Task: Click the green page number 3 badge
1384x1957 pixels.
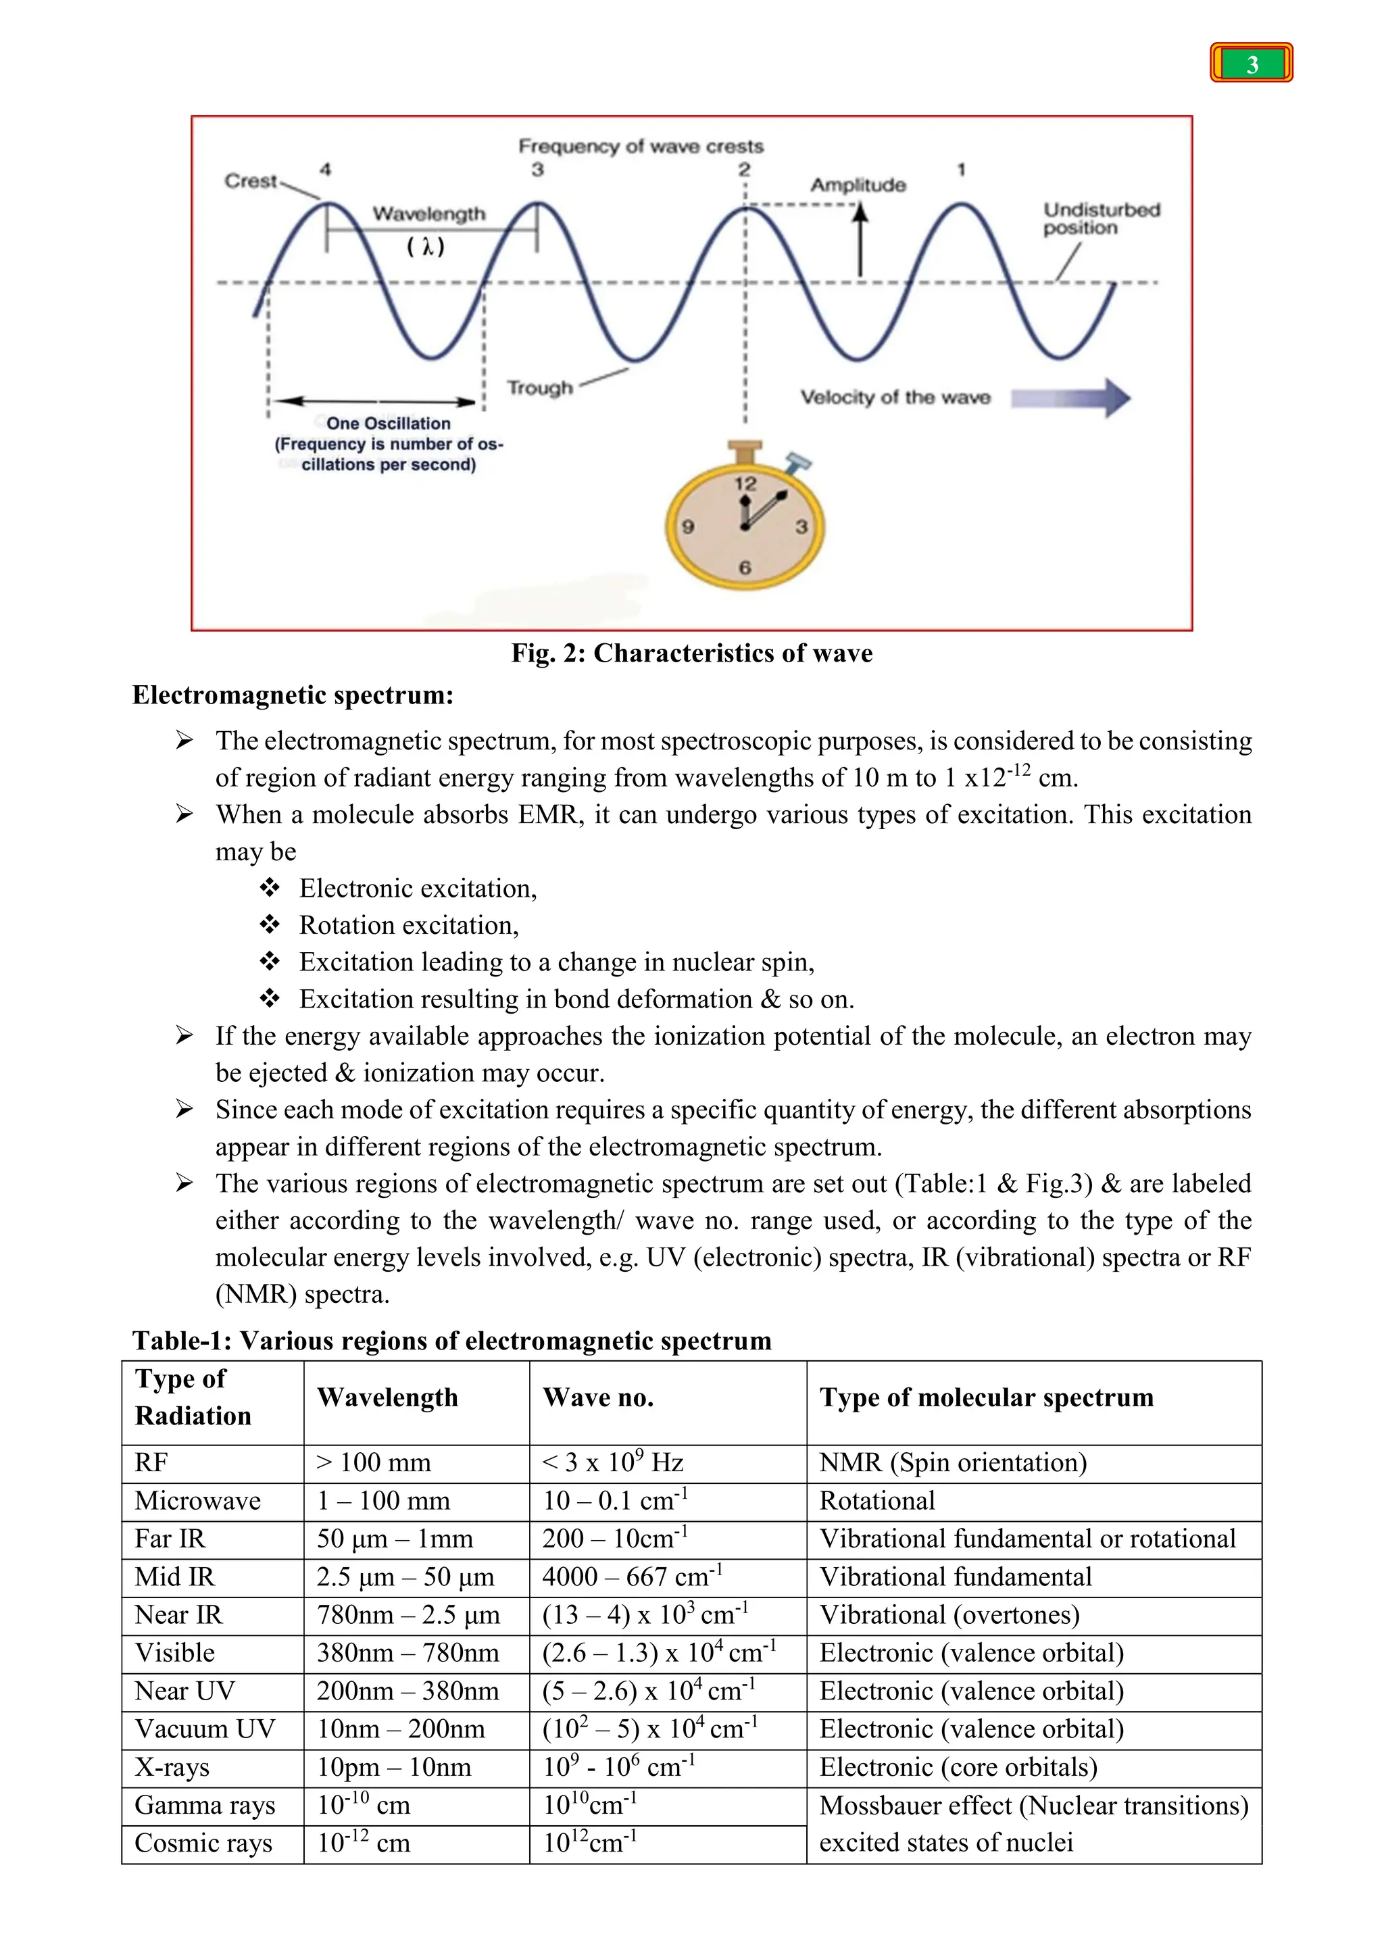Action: pyautogui.click(x=1251, y=64)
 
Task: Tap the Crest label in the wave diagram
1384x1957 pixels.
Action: pyautogui.click(x=251, y=180)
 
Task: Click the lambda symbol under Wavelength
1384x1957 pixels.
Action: pyautogui.click(x=425, y=247)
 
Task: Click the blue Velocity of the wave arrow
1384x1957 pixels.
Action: pyautogui.click(x=1071, y=398)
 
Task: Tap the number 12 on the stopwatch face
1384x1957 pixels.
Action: pyautogui.click(x=745, y=484)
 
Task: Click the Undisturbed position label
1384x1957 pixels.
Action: pyautogui.click(x=1100, y=219)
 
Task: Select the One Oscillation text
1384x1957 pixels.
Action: pyautogui.click(x=389, y=424)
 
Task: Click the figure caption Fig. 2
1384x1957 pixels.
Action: pyautogui.click(x=691, y=653)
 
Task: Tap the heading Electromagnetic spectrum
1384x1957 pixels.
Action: pyautogui.click(x=293, y=695)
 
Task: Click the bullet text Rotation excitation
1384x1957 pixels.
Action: pyautogui.click(x=408, y=926)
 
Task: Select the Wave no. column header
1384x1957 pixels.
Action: pyautogui.click(x=598, y=1398)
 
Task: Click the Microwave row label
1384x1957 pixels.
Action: pyautogui.click(x=198, y=1501)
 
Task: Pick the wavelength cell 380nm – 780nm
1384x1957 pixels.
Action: pyautogui.click(x=407, y=1653)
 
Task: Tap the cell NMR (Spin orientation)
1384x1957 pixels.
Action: pyautogui.click(x=953, y=1462)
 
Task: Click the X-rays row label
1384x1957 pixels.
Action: pyautogui.click(x=172, y=1767)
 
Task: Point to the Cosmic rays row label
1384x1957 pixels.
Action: pyautogui.click(x=203, y=1843)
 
